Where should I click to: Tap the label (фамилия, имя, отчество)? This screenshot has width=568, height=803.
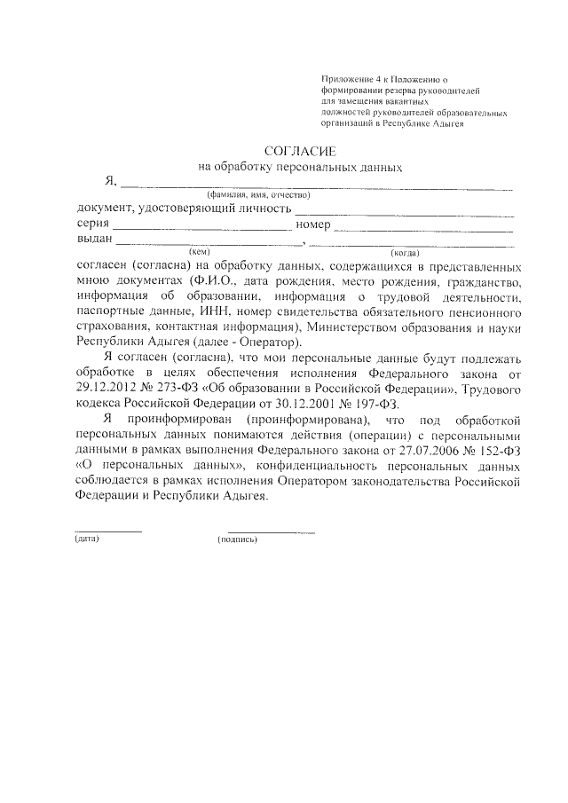coord(256,194)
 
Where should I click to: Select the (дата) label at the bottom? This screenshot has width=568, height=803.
coord(86,539)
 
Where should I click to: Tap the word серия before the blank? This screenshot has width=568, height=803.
coord(95,224)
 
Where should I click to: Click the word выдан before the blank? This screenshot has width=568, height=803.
coord(95,240)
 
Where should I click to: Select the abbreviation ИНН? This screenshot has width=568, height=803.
coord(227,312)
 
